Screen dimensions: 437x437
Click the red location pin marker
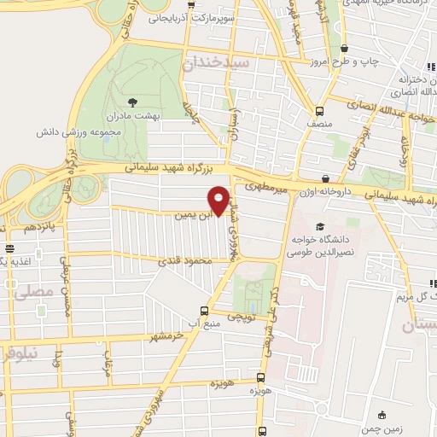(219, 201)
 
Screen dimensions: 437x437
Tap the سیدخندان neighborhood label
(215, 62)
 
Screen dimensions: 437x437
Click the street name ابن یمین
(193, 216)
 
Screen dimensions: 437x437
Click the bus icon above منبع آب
(204, 311)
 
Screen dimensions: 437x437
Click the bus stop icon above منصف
(319, 110)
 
